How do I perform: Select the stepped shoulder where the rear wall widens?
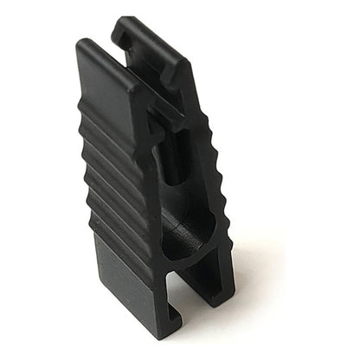coord(186,95)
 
